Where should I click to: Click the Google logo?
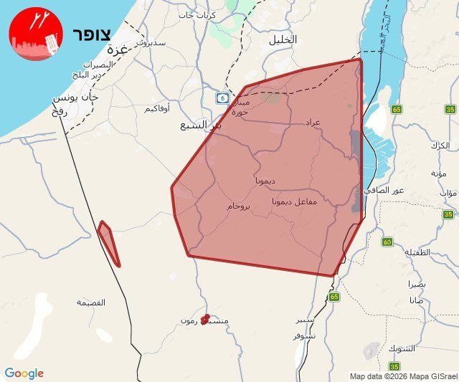[x=24, y=373]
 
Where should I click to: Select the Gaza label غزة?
[x=115, y=50]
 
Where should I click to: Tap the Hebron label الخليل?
[x=282, y=40]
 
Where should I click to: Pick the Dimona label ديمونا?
[x=265, y=181]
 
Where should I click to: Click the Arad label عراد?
[x=312, y=123]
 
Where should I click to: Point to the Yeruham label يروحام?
[x=239, y=206]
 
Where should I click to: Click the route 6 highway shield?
[x=225, y=97]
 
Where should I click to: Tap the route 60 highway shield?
[x=387, y=242]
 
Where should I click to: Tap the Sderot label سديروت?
[x=151, y=42]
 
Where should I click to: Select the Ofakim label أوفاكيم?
[x=157, y=108]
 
